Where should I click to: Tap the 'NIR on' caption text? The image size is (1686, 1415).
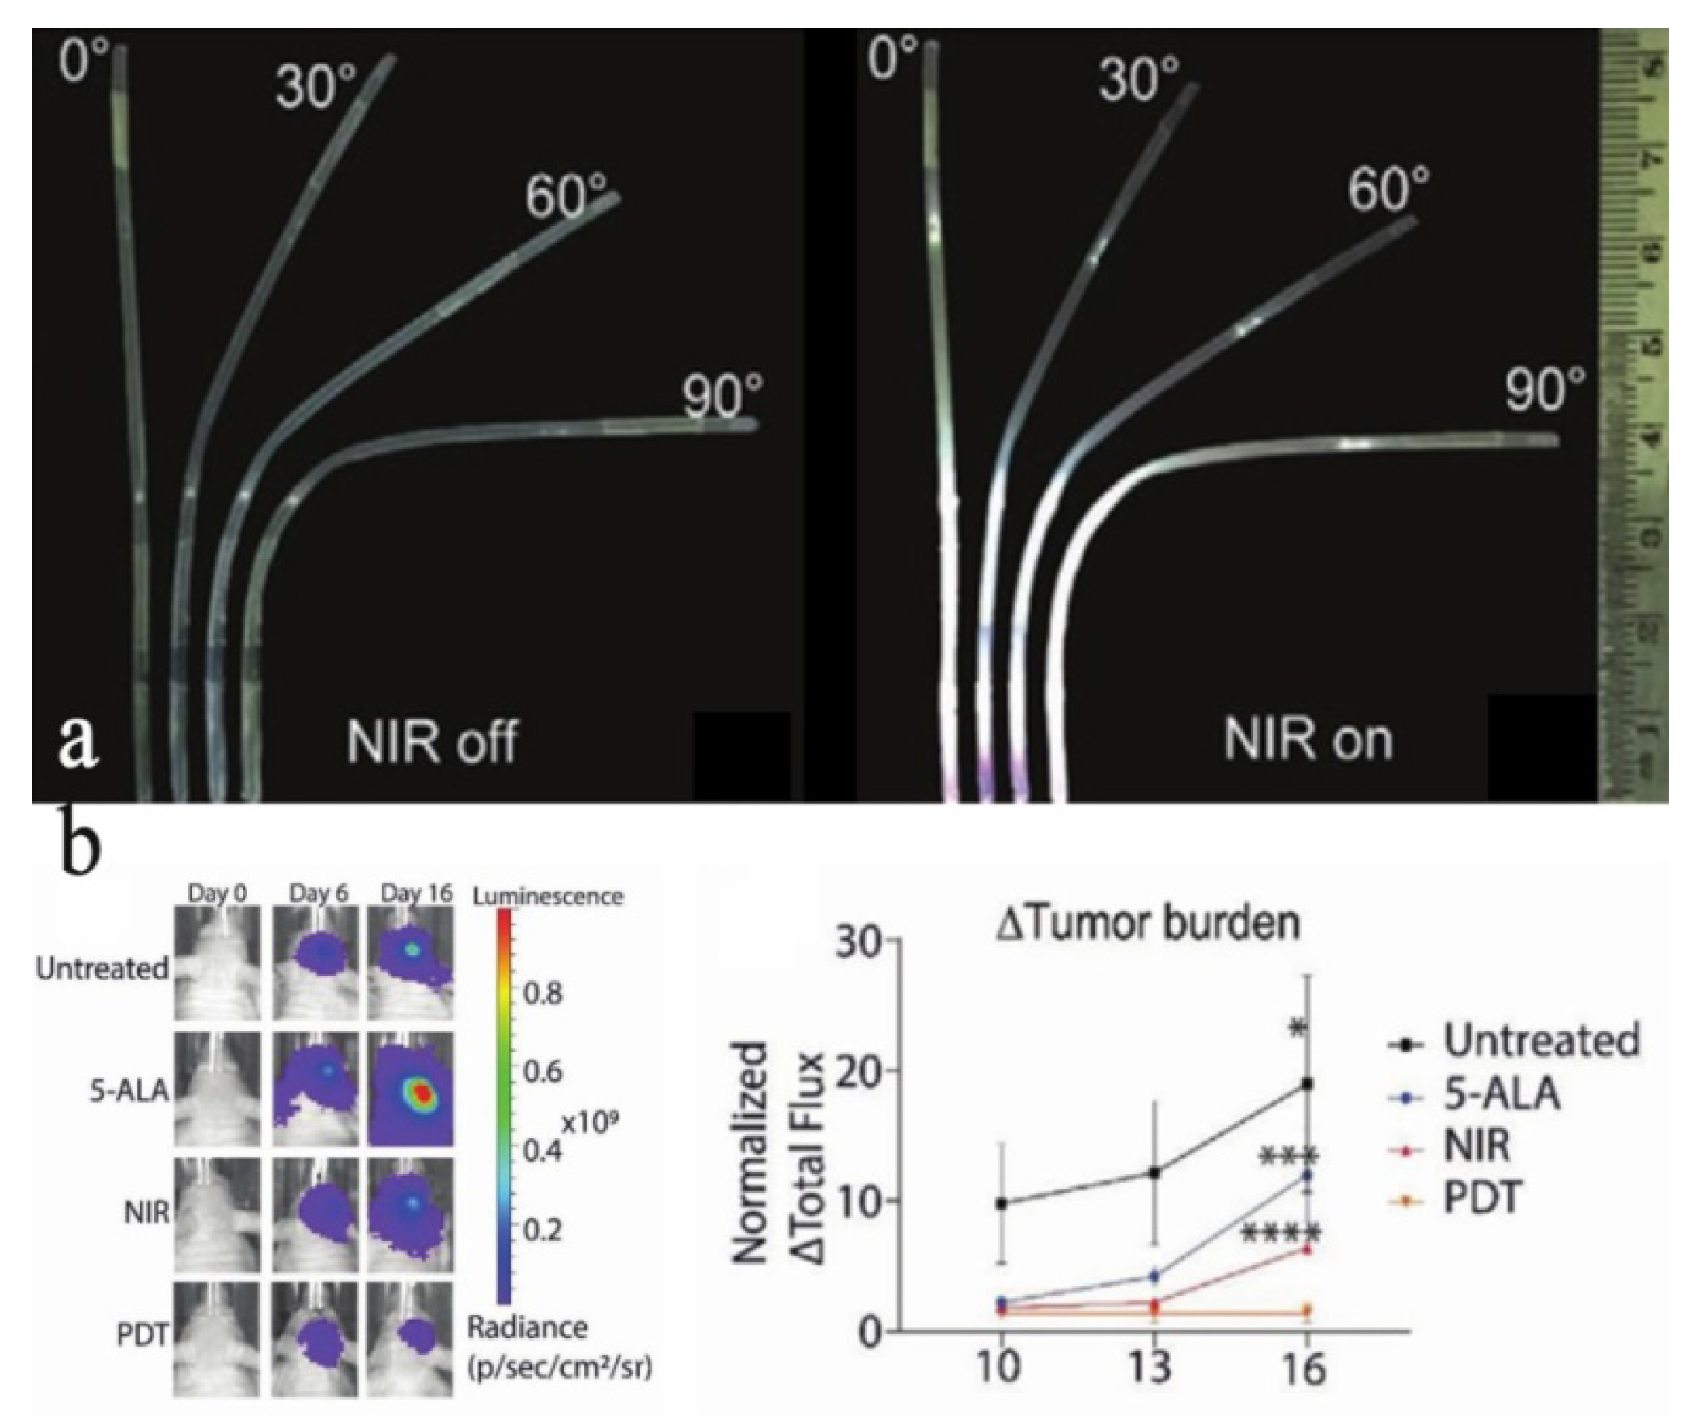(x=1308, y=740)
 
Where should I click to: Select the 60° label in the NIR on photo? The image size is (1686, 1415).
(x=1388, y=190)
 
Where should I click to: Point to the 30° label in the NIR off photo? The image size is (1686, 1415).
(x=315, y=87)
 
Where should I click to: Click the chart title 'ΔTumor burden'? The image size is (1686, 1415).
(x=1148, y=923)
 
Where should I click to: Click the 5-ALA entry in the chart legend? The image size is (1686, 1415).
(x=1502, y=1093)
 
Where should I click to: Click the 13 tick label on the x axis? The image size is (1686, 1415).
(x=1153, y=1366)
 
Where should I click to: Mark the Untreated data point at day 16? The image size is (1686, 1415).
(x=1307, y=1083)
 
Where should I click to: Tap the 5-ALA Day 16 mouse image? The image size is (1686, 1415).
(x=411, y=1089)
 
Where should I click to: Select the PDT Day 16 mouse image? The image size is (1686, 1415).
(x=411, y=1339)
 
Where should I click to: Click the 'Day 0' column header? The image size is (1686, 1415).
(x=218, y=893)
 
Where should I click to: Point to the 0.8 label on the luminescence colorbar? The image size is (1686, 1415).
(x=543, y=994)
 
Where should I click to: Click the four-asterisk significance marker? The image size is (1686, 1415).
(x=1280, y=1234)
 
